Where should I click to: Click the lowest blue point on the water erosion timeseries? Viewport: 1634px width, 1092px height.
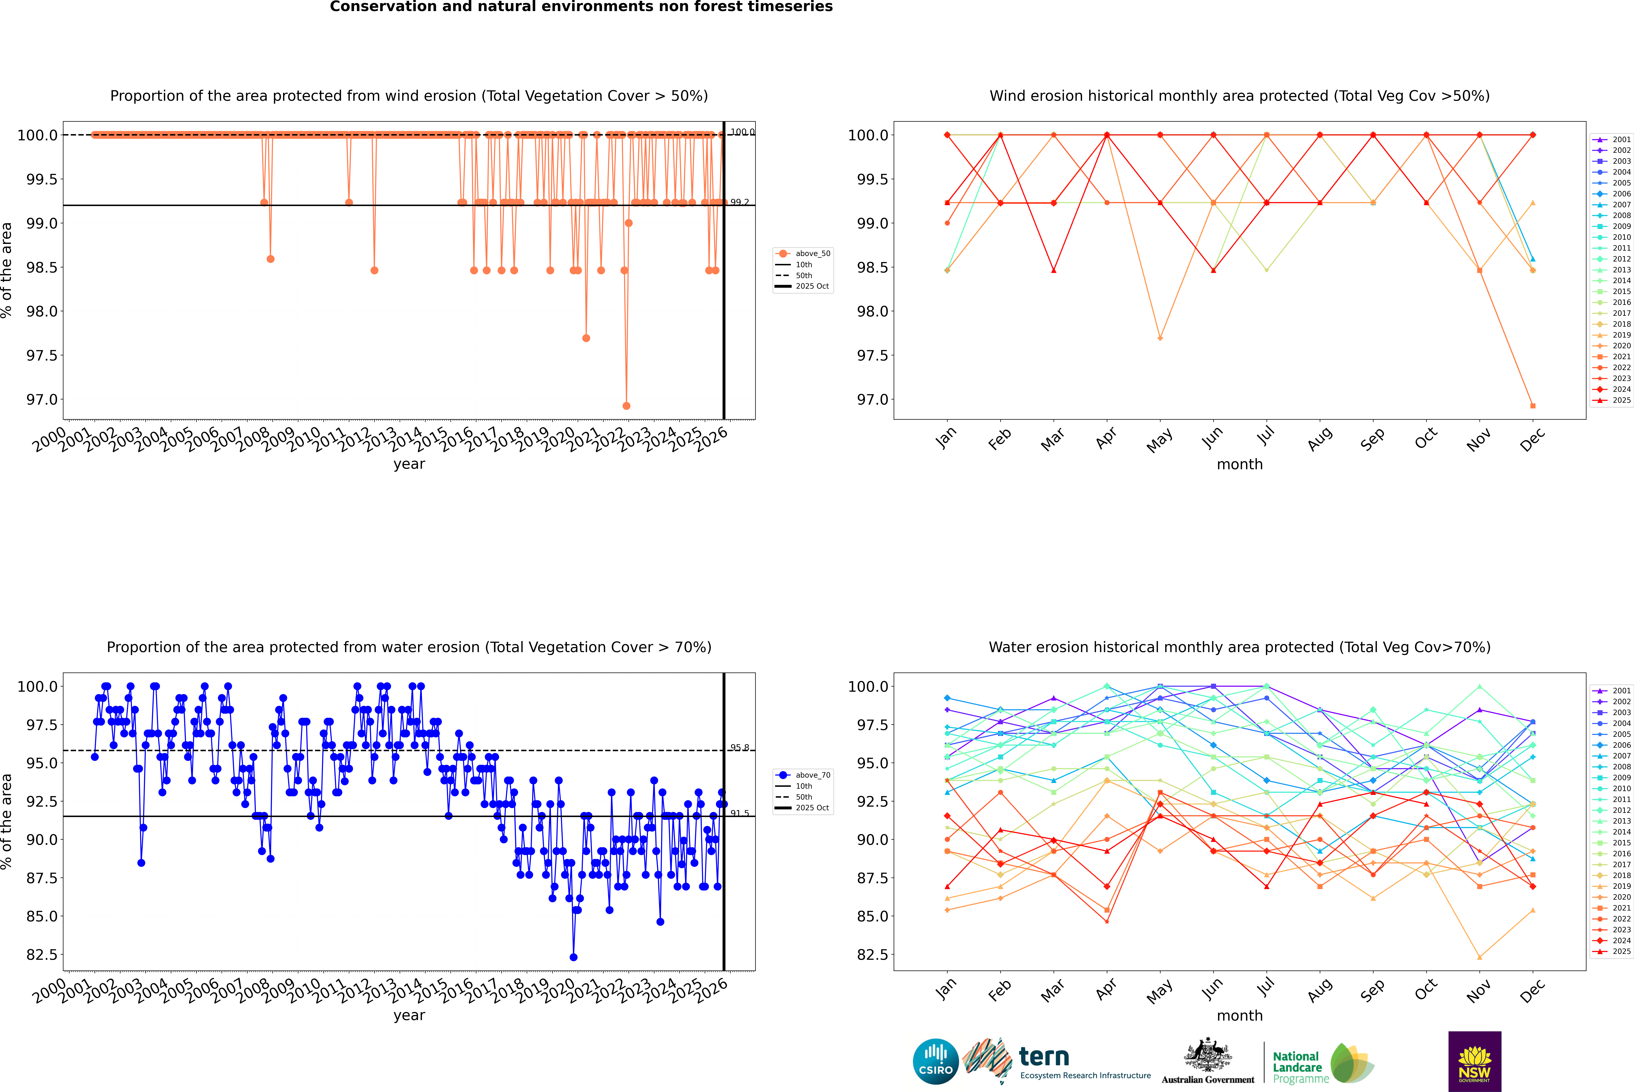[x=573, y=957]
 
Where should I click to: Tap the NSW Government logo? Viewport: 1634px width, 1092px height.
[x=1474, y=1061]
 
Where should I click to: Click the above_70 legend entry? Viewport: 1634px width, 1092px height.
[x=803, y=775]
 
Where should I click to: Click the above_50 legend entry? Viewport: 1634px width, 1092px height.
[x=803, y=254]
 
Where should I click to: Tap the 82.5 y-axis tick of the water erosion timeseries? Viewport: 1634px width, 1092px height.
[x=42, y=955]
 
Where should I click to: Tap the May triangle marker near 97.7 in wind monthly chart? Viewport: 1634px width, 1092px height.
[x=1160, y=338]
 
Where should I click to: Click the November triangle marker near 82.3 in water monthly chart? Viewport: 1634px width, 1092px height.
[x=1479, y=957]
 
